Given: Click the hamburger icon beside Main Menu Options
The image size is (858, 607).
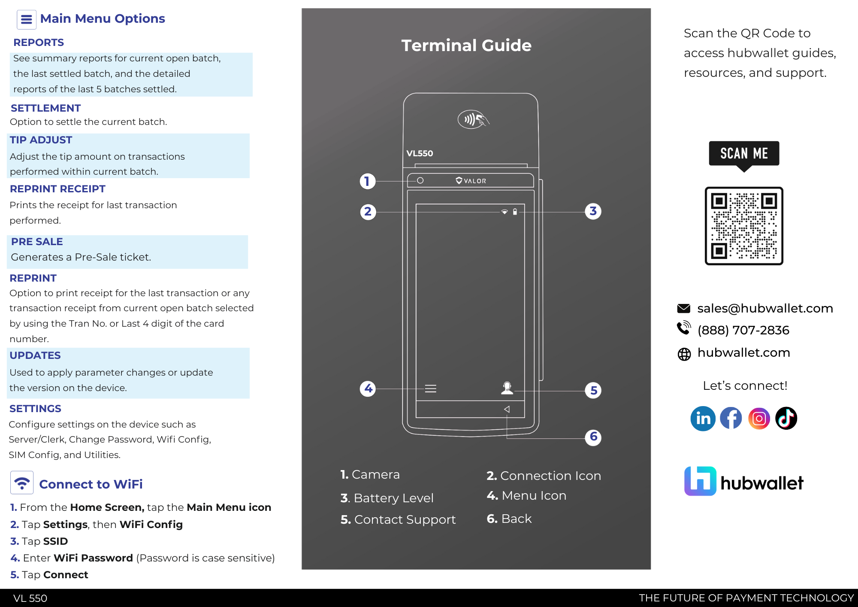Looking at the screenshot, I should (x=26, y=19).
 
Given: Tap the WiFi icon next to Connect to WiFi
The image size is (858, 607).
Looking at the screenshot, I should (x=22, y=483).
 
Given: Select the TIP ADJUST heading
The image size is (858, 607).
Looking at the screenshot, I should (x=41, y=140).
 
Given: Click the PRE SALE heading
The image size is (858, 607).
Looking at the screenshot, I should (x=37, y=242).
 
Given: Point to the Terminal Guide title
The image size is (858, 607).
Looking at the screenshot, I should (x=466, y=46).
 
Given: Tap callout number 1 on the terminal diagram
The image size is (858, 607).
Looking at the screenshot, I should (x=367, y=181).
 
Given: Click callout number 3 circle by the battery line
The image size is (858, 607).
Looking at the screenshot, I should (x=593, y=211).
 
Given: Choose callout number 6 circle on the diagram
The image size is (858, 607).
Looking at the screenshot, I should (x=593, y=437).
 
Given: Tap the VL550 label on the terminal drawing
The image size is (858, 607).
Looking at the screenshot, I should (x=420, y=153).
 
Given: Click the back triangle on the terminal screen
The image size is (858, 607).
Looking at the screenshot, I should (x=507, y=409).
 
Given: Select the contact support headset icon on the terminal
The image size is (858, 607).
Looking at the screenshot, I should (x=507, y=388).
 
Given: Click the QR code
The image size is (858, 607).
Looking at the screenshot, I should (x=744, y=226).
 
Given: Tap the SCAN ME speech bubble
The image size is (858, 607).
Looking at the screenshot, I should (x=744, y=154).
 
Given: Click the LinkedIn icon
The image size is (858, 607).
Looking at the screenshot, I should (x=703, y=419).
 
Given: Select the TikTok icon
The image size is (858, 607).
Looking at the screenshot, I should (x=786, y=419).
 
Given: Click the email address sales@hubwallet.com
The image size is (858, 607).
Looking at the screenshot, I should (x=765, y=308).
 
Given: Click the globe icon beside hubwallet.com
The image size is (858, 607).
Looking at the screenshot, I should (x=684, y=354).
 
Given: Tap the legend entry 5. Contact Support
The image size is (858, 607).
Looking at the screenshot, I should (x=398, y=519).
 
